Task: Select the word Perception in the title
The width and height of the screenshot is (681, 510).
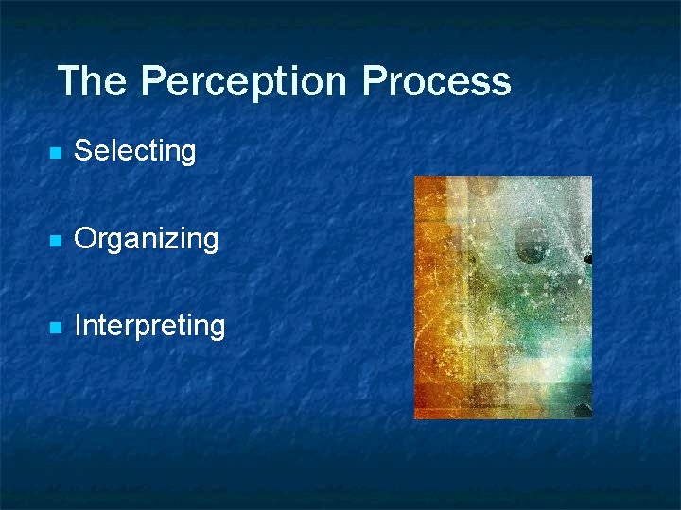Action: [x=244, y=81]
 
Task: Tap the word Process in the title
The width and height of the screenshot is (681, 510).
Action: [x=436, y=81]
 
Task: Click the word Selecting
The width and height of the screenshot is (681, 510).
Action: [x=134, y=151]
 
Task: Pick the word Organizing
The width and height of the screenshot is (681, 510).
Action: [x=146, y=239]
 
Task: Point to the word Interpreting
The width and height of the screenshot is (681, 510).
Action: [x=149, y=327]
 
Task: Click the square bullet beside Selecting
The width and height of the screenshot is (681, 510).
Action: [x=56, y=153]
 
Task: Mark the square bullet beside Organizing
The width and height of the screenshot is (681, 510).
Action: [x=56, y=241]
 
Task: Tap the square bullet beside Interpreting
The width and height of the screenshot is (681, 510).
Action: [x=56, y=328]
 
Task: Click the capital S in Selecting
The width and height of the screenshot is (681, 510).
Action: [x=82, y=150]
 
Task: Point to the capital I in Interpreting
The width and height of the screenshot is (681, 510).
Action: [x=78, y=326]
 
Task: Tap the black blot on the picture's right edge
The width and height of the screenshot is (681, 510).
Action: [x=587, y=259]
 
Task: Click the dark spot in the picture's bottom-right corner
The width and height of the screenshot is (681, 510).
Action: [x=583, y=411]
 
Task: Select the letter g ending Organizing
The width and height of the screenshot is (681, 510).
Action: [x=210, y=242]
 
